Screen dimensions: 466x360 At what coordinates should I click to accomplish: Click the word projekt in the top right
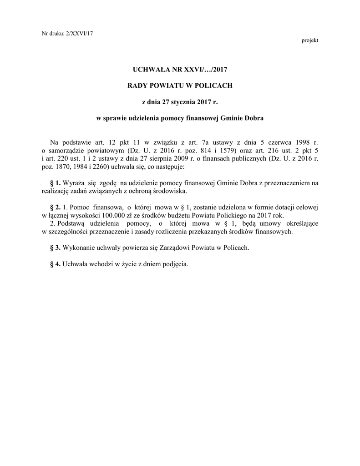pyautogui.click(x=309, y=41)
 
